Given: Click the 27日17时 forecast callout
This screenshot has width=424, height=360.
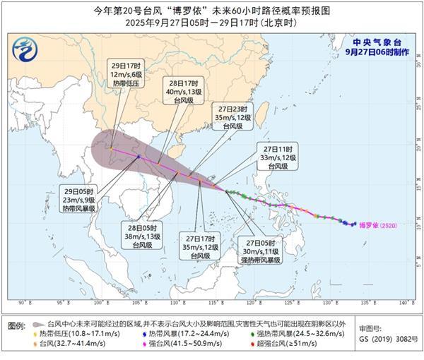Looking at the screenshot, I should (199, 248).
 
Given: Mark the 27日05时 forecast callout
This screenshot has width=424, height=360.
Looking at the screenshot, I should (263, 250).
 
